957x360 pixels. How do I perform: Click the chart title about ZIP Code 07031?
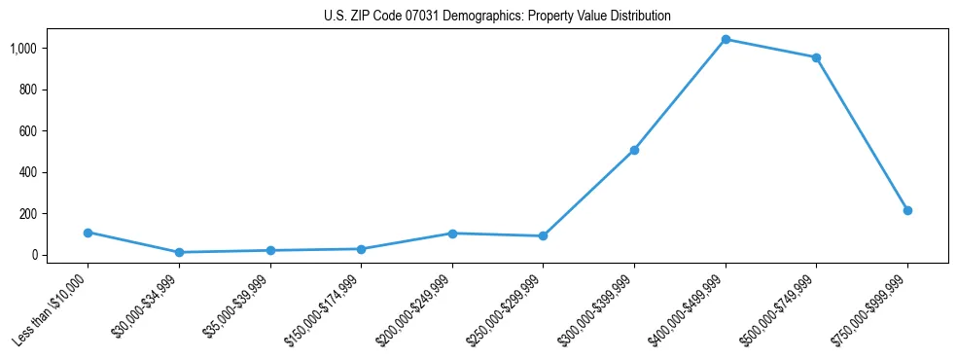pyautogui.click(x=497, y=17)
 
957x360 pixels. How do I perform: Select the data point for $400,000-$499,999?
pyautogui.click(x=726, y=39)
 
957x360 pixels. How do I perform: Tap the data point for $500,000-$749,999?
pyautogui.click(x=816, y=57)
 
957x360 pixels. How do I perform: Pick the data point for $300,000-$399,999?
pyautogui.click(x=634, y=150)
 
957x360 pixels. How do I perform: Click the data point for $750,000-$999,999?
pyautogui.click(x=907, y=210)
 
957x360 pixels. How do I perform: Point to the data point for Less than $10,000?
pyautogui.click(x=88, y=233)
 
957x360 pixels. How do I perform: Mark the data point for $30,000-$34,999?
pyautogui.click(x=179, y=252)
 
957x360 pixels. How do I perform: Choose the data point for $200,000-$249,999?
pyautogui.click(x=452, y=234)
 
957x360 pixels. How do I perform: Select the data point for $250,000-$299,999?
pyautogui.click(x=543, y=235)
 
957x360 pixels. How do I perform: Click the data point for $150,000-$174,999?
pyautogui.click(x=361, y=249)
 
